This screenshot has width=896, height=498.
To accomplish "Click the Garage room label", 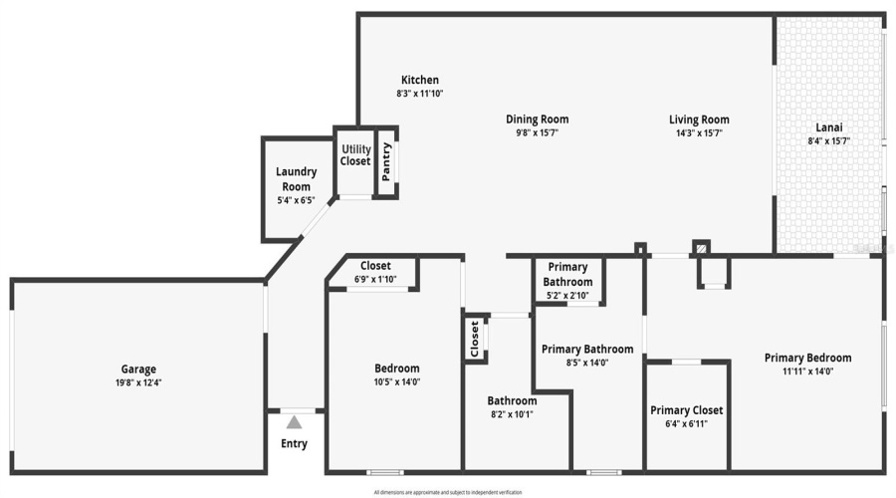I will tap(139, 370).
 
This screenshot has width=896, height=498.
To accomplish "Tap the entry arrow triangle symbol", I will tap(294, 422).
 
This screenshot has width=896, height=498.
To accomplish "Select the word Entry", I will tap(294, 444).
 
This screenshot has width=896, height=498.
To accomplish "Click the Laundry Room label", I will tap(296, 178).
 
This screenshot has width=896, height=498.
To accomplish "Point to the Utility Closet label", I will tap(355, 155).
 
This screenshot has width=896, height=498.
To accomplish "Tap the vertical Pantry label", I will tap(386, 162).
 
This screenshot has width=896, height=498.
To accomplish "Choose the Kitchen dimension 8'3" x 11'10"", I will tap(419, 94).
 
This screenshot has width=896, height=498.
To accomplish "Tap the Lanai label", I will tap(829, 127).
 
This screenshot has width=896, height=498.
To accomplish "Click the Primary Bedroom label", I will tap(807, 359).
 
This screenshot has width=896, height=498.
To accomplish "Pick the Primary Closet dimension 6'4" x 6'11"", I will tap(686, 423).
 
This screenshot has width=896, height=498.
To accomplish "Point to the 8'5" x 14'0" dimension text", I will tap(587, 363).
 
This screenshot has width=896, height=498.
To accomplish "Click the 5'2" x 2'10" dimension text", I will tap(567, 296).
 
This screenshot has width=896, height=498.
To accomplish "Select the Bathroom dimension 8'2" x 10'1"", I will tap(513, 414).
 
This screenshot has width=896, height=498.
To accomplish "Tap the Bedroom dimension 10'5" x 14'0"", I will tap(395, 381).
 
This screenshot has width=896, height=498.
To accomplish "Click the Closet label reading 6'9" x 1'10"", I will tap(375, 279).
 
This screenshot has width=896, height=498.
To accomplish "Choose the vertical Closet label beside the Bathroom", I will tap(475, 339).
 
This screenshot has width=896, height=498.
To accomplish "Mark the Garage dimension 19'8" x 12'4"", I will tap(139, 382).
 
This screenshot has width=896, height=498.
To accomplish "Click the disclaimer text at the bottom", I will tap(447, 492).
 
